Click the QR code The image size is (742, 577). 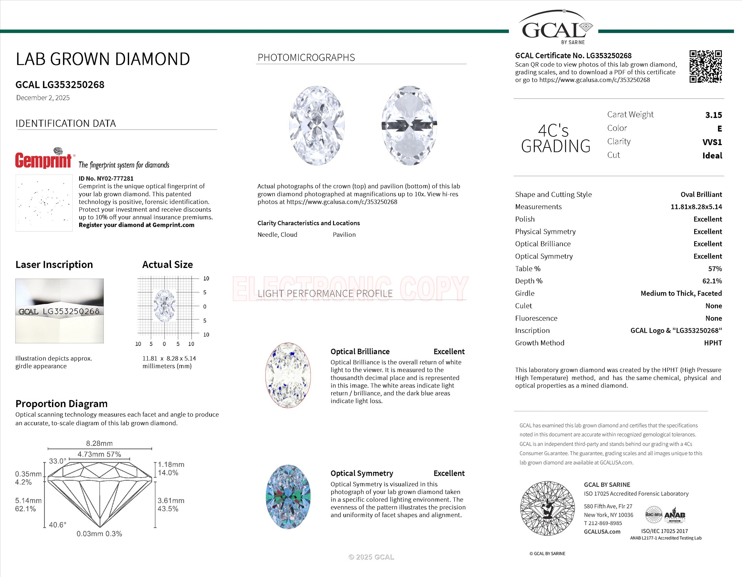pyautogui.click(x=705, y=66)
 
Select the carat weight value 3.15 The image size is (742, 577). pyautogui.click(x=713, y=115)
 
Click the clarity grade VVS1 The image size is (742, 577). pyautogui.click(x=712, y=142)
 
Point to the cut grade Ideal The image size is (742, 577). pyautogui.click(x=712, y=156)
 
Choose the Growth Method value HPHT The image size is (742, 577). pyautogui.click(x=712, y=343)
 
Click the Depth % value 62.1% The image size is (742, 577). pyautogui.click(x=712, y=281)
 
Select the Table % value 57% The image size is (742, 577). pyautogui.click(x=714, y=269)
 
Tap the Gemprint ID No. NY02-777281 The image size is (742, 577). pyautogui.click(x=106, y=178)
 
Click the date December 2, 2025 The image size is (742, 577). pyautogui.click(x=43, y=98)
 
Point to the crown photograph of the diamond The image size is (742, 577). pyautogui.click(x=317, y=126)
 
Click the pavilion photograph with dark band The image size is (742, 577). pyautogui.click(x=409, y=126)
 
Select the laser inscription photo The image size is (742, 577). pyautogui.click(x=59, y=311)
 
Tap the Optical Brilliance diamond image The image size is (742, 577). pyautogui.click(x=288, y=375)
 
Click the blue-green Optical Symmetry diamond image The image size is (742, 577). pyautogui.click(x=288, y=496)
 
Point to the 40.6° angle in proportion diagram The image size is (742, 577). pyautogui.click(x=57, y=525)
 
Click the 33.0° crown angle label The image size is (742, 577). pyautogui.click(x=57, y=461)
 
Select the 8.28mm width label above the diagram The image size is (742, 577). pyautogui.click(x=99, y=443)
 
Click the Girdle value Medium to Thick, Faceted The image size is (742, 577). pyautogui.click(x=681, y=294)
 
